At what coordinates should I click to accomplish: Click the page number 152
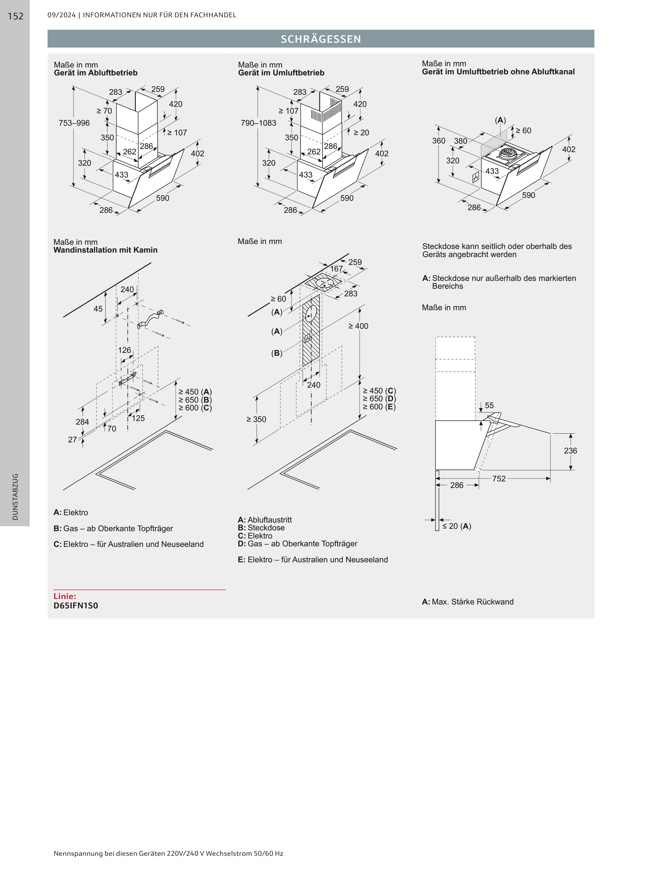click(x=15, y=16)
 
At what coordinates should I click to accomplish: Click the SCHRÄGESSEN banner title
click(x=321, y=39)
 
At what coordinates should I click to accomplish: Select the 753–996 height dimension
click(x=74, y=123)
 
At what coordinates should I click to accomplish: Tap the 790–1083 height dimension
click(x=259, y=123)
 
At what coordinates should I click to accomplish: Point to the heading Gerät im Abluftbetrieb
click(x=96, y=73)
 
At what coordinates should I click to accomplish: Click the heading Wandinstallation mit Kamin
click(x=105, y=250)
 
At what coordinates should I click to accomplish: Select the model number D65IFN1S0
click(x=76, y=606)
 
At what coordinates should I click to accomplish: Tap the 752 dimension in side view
click(x=499, y=479)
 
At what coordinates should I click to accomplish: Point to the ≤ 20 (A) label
click(x=456, y=526)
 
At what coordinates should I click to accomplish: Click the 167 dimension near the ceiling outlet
click(x=337, y=269)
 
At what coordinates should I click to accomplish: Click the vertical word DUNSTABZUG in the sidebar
click(x=15, y=497)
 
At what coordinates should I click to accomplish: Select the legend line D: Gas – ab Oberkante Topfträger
click(x=297, y=544)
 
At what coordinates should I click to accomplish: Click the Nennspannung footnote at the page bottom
click(x=168, y=853)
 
